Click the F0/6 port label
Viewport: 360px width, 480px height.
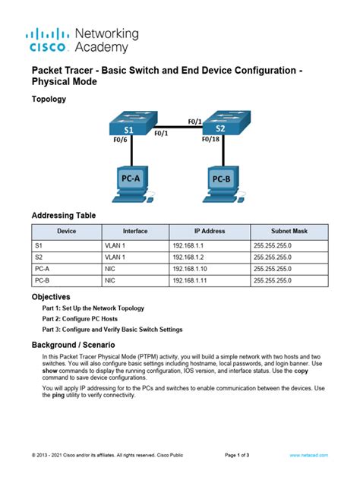pos(119,141)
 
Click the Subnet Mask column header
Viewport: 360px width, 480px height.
pos(289,231)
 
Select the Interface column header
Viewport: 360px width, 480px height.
pos(134,231)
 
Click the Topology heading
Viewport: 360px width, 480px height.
pos(49,99)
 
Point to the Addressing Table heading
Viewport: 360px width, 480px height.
pos(64,216)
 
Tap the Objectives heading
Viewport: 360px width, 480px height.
pos(51,296)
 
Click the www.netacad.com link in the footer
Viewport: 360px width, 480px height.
pos(308,455)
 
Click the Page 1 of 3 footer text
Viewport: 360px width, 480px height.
pos(242,455)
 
